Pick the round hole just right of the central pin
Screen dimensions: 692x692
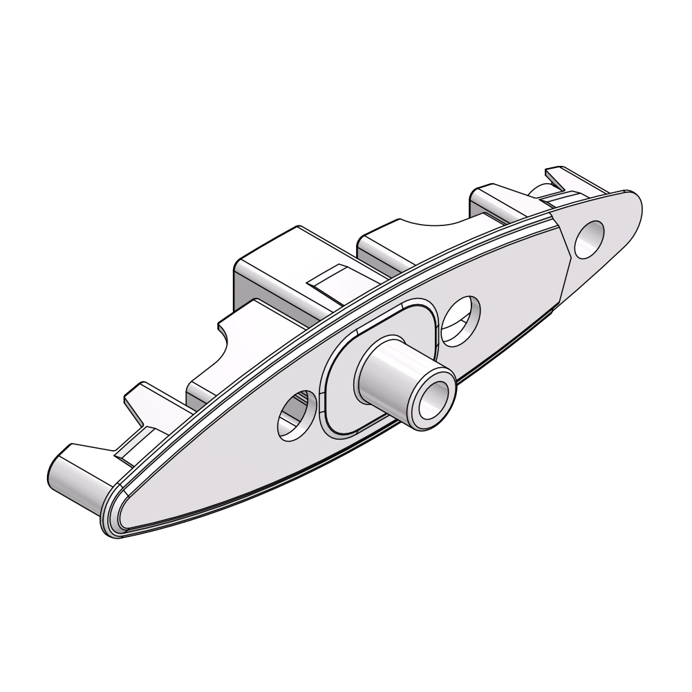coord(460,319)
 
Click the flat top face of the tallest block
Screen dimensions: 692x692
coord(290,249)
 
